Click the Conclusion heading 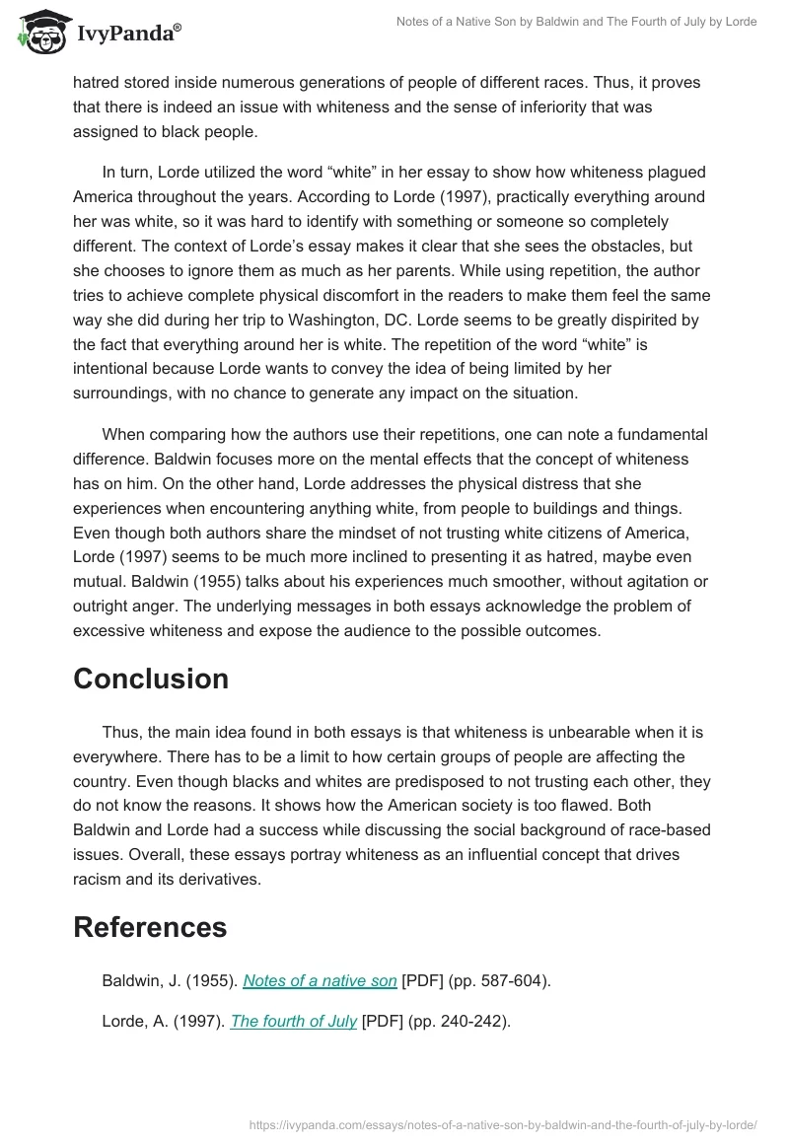151,679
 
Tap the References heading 150,927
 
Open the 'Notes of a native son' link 320,980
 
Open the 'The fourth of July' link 293,1022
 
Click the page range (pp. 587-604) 500,980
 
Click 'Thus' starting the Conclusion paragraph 119,733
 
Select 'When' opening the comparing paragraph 123,434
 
